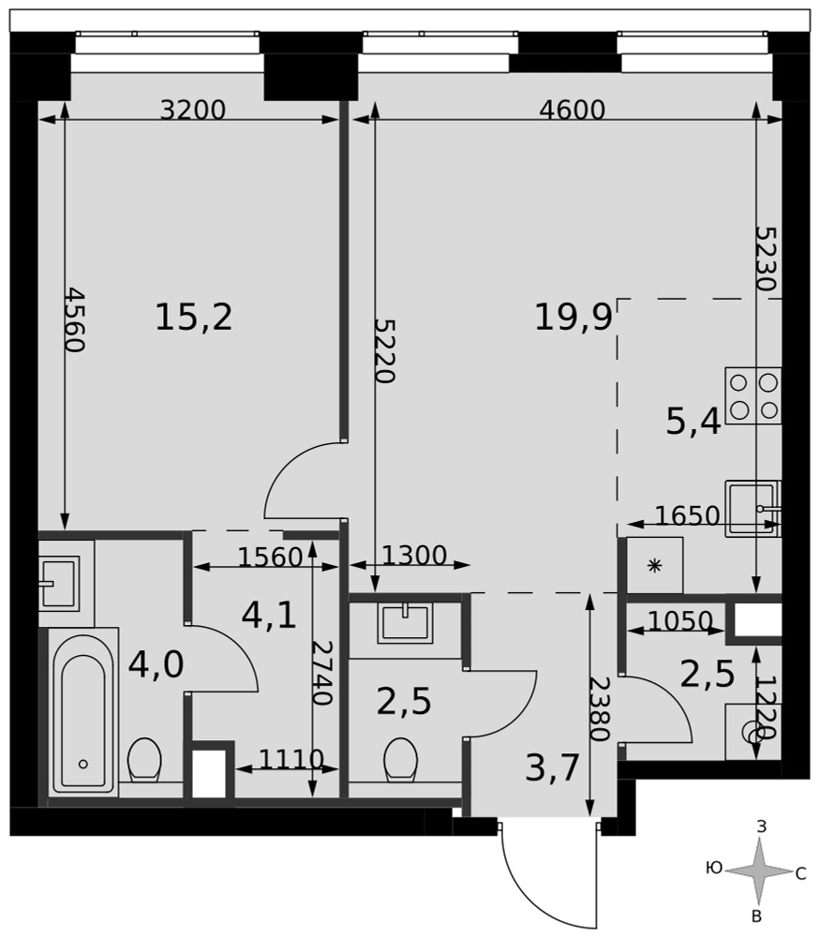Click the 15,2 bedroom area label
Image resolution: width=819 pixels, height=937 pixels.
click(x=194, y=317)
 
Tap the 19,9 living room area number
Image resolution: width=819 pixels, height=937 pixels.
click(x=573, y=317)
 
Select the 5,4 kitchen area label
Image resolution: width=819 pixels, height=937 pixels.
click(x=693, y=423)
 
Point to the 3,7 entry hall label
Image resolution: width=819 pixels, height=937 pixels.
click(x=552, y=768)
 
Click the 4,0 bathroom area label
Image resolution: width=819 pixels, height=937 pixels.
click(x=156, y=664)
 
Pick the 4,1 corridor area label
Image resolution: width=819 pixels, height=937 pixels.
click(x=269, y=615)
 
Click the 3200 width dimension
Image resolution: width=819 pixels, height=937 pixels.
click(x=193, y=110)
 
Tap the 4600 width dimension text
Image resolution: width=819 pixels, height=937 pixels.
click(x=573, y=110)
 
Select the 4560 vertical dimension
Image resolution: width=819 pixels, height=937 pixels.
click(x=75, y=320)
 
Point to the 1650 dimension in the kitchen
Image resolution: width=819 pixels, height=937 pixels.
click(x=688, y=515)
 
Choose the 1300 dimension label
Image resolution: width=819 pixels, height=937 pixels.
click(x=414, y=556)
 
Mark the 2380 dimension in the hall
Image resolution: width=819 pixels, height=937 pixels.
click(x=599, y=708)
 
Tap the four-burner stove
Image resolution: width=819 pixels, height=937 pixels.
click(x=753, y=395)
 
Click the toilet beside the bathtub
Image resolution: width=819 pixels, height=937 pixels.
click(x=144, y=760)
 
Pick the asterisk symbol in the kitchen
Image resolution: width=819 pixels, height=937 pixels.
click(x=655, y=565)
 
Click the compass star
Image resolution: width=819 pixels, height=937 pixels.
click(x=759, y=870)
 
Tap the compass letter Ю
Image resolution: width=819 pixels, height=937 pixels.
click(x=714, y=868)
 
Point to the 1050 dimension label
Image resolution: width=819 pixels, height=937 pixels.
click(x=680, y=621)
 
